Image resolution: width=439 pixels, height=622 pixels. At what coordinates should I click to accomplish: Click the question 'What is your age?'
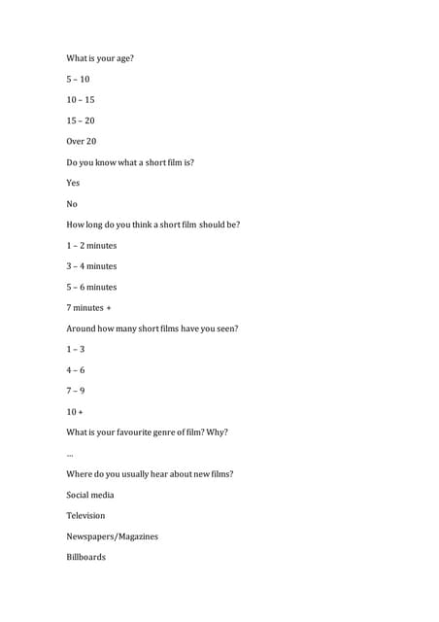point(100,58)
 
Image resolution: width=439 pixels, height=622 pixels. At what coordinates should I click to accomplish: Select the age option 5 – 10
point(78,79)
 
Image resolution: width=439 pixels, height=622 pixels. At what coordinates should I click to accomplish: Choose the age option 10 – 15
point(81,100)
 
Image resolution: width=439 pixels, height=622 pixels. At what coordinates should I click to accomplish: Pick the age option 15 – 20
point(81,121)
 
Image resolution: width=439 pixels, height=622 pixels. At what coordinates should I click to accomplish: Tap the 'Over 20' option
point(82,141)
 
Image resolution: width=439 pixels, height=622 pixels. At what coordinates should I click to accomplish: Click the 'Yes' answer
point(73,183)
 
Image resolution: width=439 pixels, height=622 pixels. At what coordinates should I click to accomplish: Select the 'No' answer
point(71,204)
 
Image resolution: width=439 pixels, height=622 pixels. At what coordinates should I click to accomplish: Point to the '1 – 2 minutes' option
point(91,246)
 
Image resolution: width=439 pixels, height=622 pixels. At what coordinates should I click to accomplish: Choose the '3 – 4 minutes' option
point(91,266)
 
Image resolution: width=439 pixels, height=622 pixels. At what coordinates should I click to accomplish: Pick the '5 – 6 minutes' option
point(91,287)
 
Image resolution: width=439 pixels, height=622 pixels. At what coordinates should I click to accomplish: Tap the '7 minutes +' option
point(89,308)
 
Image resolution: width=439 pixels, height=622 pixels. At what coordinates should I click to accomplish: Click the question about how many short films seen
point(152,328)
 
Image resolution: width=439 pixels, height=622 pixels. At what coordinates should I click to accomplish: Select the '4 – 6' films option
point(76,370)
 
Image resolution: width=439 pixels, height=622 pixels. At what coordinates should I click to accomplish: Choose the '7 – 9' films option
point(76,391)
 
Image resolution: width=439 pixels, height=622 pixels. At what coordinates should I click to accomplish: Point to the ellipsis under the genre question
point(70,455)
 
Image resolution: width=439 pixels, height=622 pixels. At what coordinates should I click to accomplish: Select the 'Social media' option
point(90,495)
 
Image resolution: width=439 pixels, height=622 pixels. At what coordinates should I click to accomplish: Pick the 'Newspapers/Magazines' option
point(112,536)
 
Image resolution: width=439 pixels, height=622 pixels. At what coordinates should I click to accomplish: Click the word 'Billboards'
point(86,557)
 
